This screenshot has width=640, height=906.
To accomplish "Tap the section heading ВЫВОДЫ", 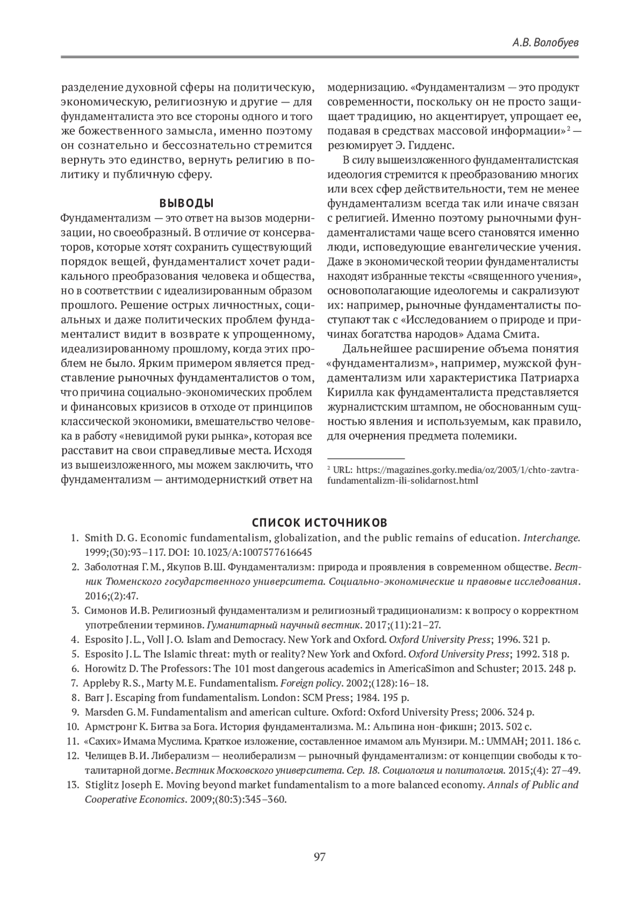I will pyautogui.click(x=187, y=203).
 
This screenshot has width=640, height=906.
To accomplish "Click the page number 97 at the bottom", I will pyautogui.click(x=319, y=857).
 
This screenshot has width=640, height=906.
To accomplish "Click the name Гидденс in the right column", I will pyautogui.click(x=434, y=146).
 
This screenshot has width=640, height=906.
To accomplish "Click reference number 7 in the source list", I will pyautogui.click(x=75, y=683).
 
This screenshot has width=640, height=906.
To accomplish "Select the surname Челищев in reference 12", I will pyautogui.click(x=103, y=755).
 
